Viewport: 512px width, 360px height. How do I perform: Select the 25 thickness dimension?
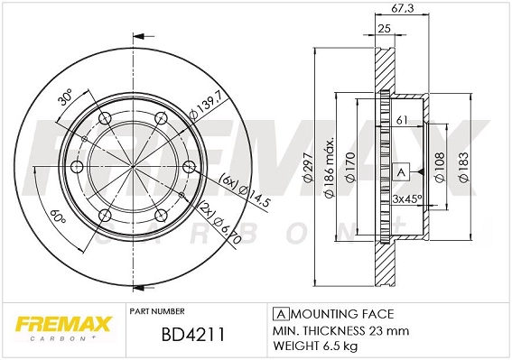pos(384,29)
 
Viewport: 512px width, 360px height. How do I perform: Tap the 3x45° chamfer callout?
pos(407,198)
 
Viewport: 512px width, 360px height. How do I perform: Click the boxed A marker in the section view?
pos(401,171)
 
